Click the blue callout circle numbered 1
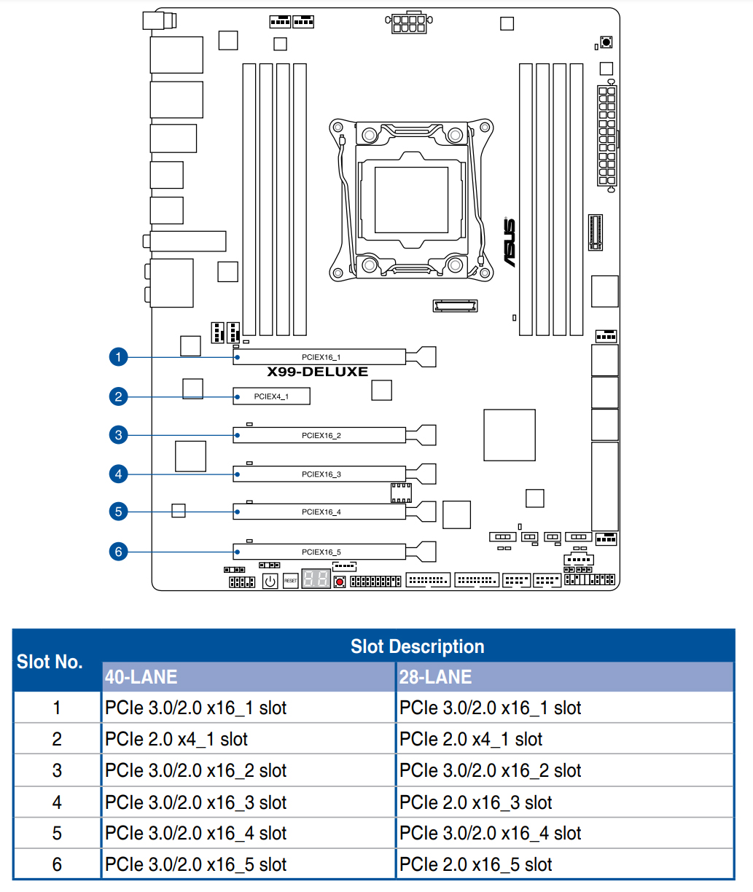pyautogui.click(x=118, y=357)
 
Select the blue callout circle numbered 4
pyautogui.click(x=118, y=474)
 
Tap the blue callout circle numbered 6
pyautogui.click(x=118, y=552)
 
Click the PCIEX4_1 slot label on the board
pyautogui.click(x=271, y=396)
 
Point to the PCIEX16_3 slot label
pyautogui.click(x=321, y=474)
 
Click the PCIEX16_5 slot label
pyautogui.click(x=321, y=552)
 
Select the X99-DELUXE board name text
pyautogui.click(x=317, y=372)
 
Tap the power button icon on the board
pyautogui.click(x=270, y=581)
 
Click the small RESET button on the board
pyautogui.click(x=290, y=581)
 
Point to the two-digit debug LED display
pyautogui.click(x=316, y=580)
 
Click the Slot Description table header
pyautogui.click(x=417, y=646)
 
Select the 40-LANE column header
pyautogui.click(x=141, y=677)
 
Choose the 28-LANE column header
pyautogui.click(x=435, y=677)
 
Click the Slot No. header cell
pyautogui.click(x=50, y=662)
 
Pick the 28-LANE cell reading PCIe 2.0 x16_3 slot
pyautogui.click(x=476, y=802)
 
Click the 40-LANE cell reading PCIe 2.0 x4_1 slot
pyautogui.click(x=176, y=739)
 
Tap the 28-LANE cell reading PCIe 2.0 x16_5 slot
pyautogui.click(x=476, y=864)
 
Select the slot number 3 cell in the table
pyautogui.click(x=57, y=771)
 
